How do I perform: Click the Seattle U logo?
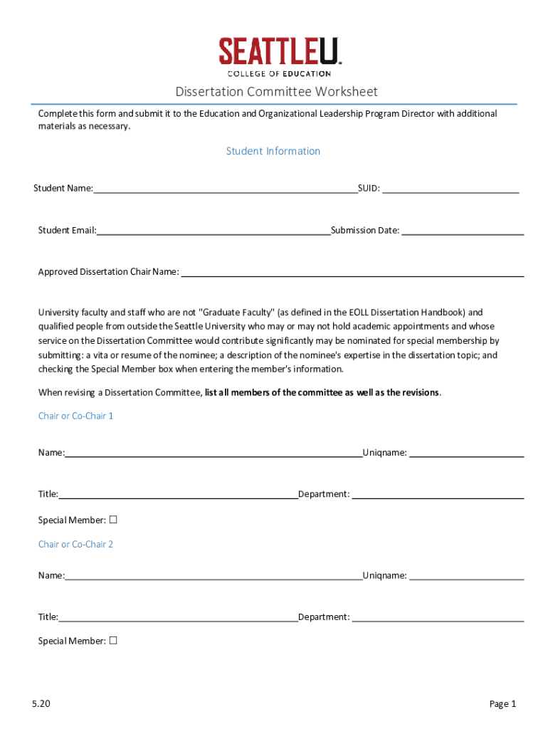[280, 53]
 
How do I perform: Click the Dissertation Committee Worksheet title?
[276, 92]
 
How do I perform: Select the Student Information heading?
[273, 151]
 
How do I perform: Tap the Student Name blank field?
[225, 188]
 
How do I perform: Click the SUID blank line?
[450, 188]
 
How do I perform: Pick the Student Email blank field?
[214, 230]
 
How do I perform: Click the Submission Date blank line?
[463, 230]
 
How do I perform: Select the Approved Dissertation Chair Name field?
[353, 271]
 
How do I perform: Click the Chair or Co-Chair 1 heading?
[75, 416]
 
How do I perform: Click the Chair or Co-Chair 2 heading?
[75, 544]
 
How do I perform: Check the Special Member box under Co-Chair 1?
[112, 520]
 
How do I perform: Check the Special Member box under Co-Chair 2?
[112, 641]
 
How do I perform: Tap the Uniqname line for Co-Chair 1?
[467, 452]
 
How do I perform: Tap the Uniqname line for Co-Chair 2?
[467, 575]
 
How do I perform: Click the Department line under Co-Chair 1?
[438, 494]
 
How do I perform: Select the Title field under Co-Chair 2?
[178, 617]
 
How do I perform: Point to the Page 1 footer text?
[502, 704]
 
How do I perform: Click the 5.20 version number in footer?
[41, 704]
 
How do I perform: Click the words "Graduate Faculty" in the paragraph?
[237, 312]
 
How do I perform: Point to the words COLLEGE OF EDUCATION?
[279, 73]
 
